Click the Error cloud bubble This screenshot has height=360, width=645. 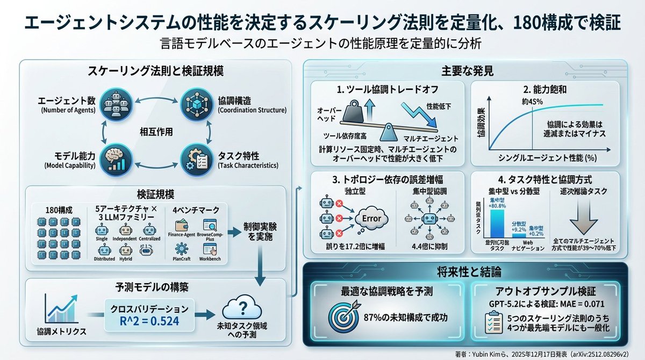click(371, 219)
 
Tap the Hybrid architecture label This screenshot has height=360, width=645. click(125, 259)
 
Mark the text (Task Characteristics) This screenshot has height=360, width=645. click(248, 166)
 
